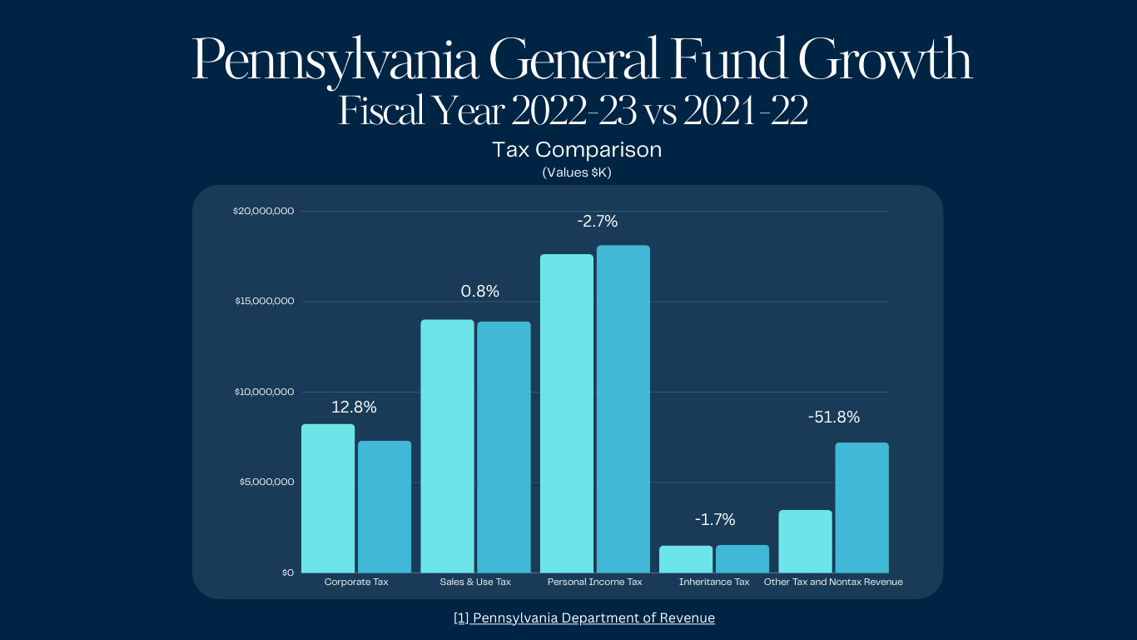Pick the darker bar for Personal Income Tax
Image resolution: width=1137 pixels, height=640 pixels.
point(623,409)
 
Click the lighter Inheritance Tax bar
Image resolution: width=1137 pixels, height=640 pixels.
point(686,559)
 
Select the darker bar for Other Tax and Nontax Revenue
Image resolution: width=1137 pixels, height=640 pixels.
point(861,507)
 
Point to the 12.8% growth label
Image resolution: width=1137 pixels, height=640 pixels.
point(354,407)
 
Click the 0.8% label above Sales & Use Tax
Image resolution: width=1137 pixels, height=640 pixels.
point(480,292)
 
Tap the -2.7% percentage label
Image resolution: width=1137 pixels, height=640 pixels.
point(598,222)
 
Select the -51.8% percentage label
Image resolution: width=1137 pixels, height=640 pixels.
point(834,417)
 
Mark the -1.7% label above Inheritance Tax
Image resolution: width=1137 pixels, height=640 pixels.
point(715,520)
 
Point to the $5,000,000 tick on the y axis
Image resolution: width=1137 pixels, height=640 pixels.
point(266,482)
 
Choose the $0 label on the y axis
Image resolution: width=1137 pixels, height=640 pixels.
point(287,572)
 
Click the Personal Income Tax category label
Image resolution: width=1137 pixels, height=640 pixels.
point(594,582)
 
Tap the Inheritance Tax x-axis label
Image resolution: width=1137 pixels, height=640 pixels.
point(714,582)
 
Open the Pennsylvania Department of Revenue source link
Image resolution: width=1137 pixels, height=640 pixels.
point(584,617)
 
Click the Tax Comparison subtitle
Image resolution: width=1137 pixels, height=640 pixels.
point(577,150)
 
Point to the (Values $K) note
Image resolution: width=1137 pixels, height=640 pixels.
point(577,172)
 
